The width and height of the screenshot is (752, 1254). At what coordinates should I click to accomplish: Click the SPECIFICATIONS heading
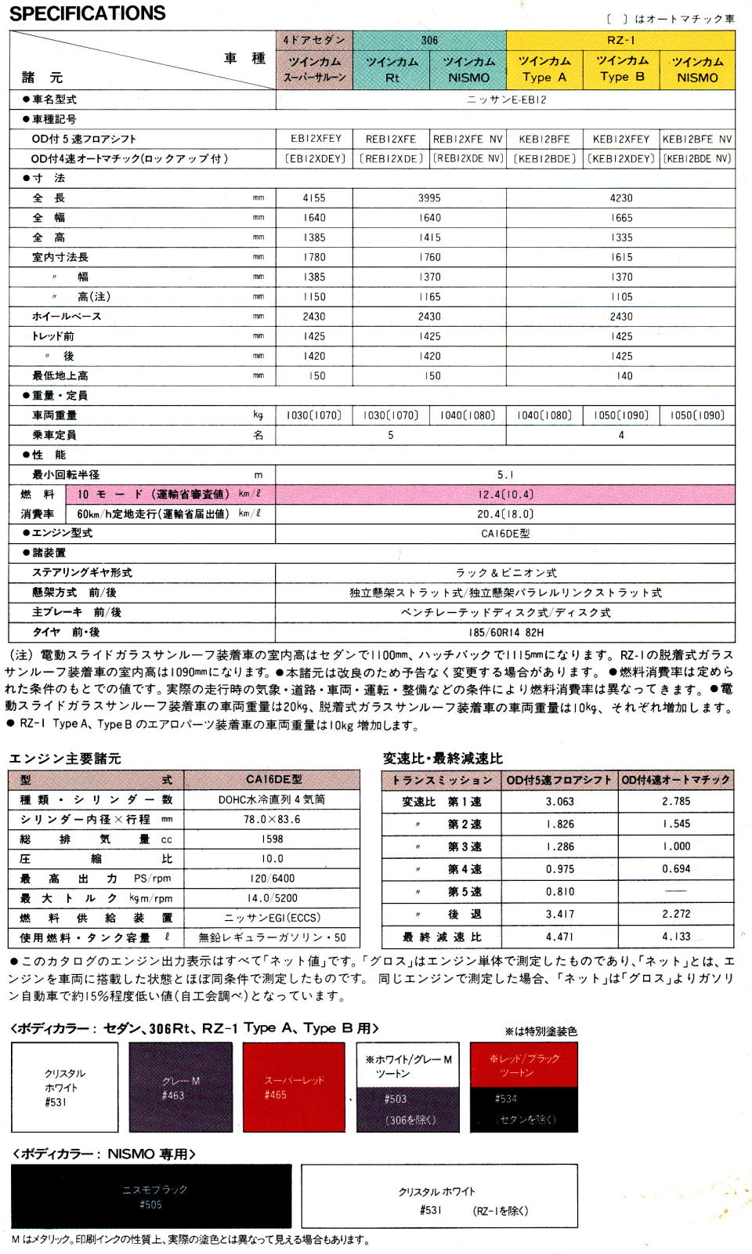coord(88,13)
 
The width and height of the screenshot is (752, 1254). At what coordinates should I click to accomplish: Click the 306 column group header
coord(429,40)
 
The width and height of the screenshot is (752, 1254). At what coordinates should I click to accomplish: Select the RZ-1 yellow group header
coord(620,40)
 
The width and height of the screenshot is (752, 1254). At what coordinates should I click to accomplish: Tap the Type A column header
coord(544,69)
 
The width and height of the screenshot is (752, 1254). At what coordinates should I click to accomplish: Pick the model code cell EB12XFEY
coord(316,139)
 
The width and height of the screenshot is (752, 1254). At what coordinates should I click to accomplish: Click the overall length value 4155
coord(314,198)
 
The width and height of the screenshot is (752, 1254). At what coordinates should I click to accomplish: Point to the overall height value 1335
coord(621,237)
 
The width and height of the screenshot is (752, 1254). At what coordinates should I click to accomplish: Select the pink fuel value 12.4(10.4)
coord(505,495)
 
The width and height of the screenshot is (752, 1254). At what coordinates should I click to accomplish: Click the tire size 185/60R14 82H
coord(505,632)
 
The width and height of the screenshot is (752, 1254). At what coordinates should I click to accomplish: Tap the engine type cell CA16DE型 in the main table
coord(505,534)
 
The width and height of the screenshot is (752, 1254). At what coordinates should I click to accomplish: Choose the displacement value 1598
coord(272,839)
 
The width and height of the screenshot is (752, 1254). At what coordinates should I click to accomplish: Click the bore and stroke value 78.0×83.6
coord(272,819)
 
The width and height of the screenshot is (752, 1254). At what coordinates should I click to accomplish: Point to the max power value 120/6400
coord(272,879)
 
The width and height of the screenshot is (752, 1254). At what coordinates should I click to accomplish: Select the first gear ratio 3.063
coord(559,802)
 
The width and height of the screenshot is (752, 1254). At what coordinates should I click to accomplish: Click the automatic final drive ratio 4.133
coord(676,937)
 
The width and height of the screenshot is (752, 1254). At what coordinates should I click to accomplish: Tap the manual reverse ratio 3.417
coord(559,914)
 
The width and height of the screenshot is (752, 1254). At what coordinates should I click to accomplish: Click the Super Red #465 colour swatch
coord(294,1087)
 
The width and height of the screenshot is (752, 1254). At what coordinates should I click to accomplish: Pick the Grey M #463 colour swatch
coord(180,1087)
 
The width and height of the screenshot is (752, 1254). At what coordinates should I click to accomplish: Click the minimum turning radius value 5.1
coord(505,475)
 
